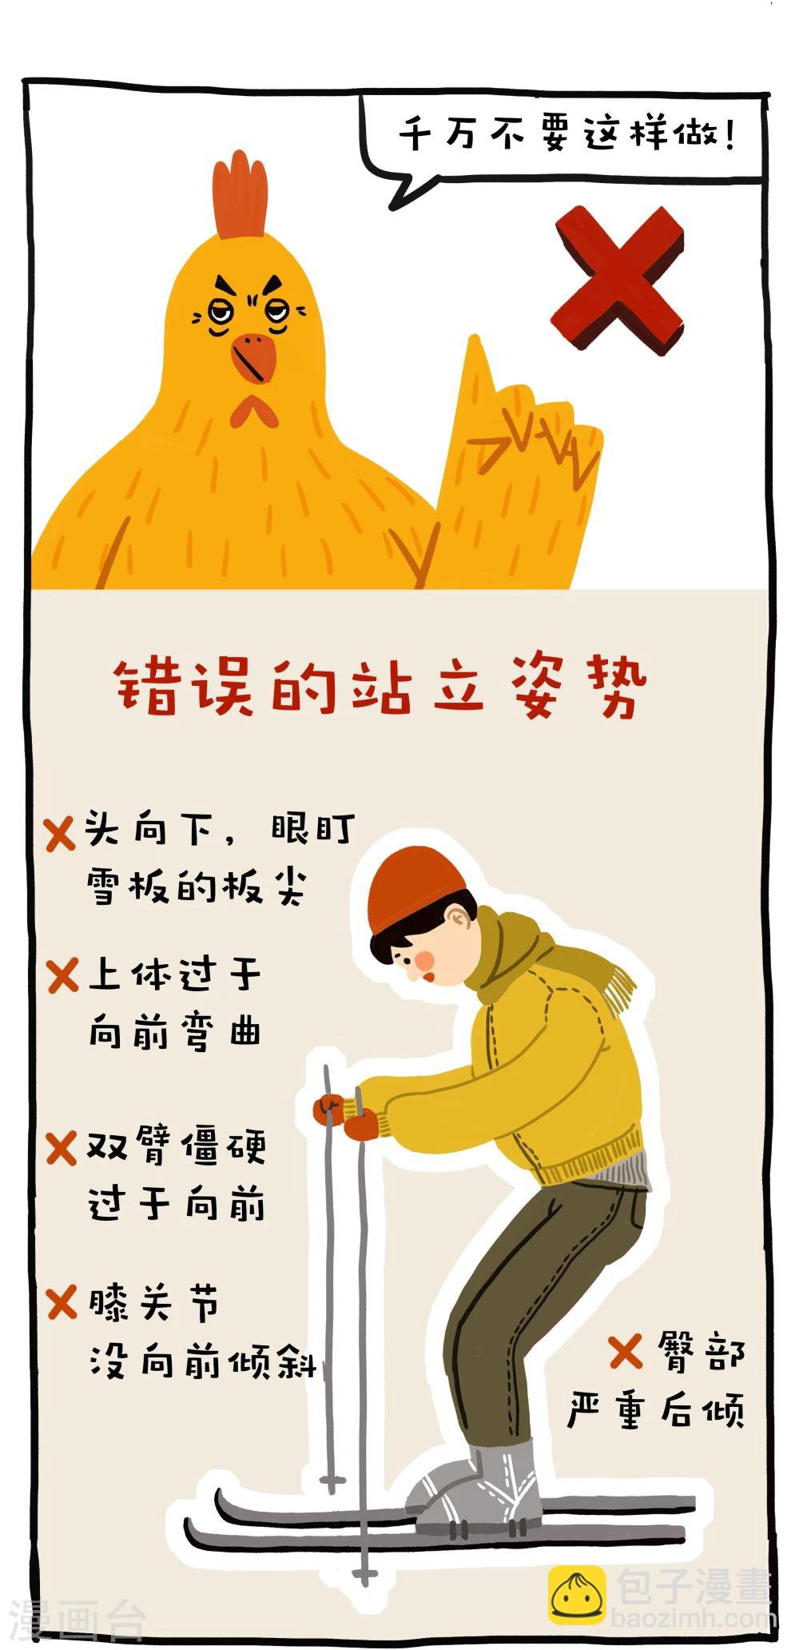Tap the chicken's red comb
[x=239, y=195]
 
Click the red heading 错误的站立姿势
[x=379, y=686]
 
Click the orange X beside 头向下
[x=59, y=835]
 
